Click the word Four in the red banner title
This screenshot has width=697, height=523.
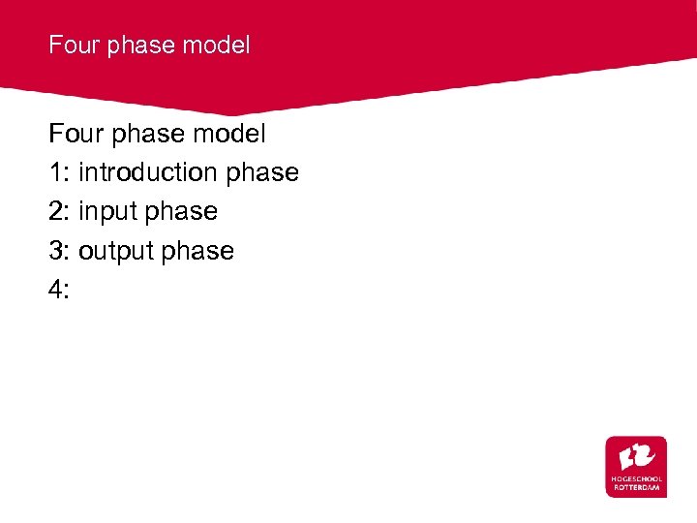72,45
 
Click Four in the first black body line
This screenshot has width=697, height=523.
76,133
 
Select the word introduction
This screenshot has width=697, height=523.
148,172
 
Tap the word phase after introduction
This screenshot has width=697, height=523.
262,173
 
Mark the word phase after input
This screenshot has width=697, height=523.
183,212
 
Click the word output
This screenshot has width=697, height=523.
117,252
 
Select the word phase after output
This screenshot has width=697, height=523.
198,252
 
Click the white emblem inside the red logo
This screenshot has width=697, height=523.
636,455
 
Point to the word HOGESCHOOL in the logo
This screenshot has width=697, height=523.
636,478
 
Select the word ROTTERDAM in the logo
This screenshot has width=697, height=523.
636,487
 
